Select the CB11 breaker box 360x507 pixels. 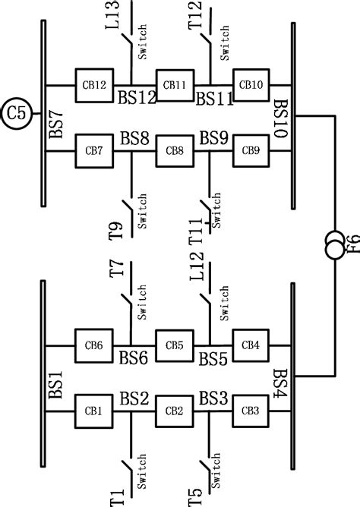[x=175, y=84]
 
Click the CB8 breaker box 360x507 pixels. [x=175, y=150]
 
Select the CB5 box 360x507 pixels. [x=175, y=345]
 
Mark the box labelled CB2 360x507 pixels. [x=175, y=411]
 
